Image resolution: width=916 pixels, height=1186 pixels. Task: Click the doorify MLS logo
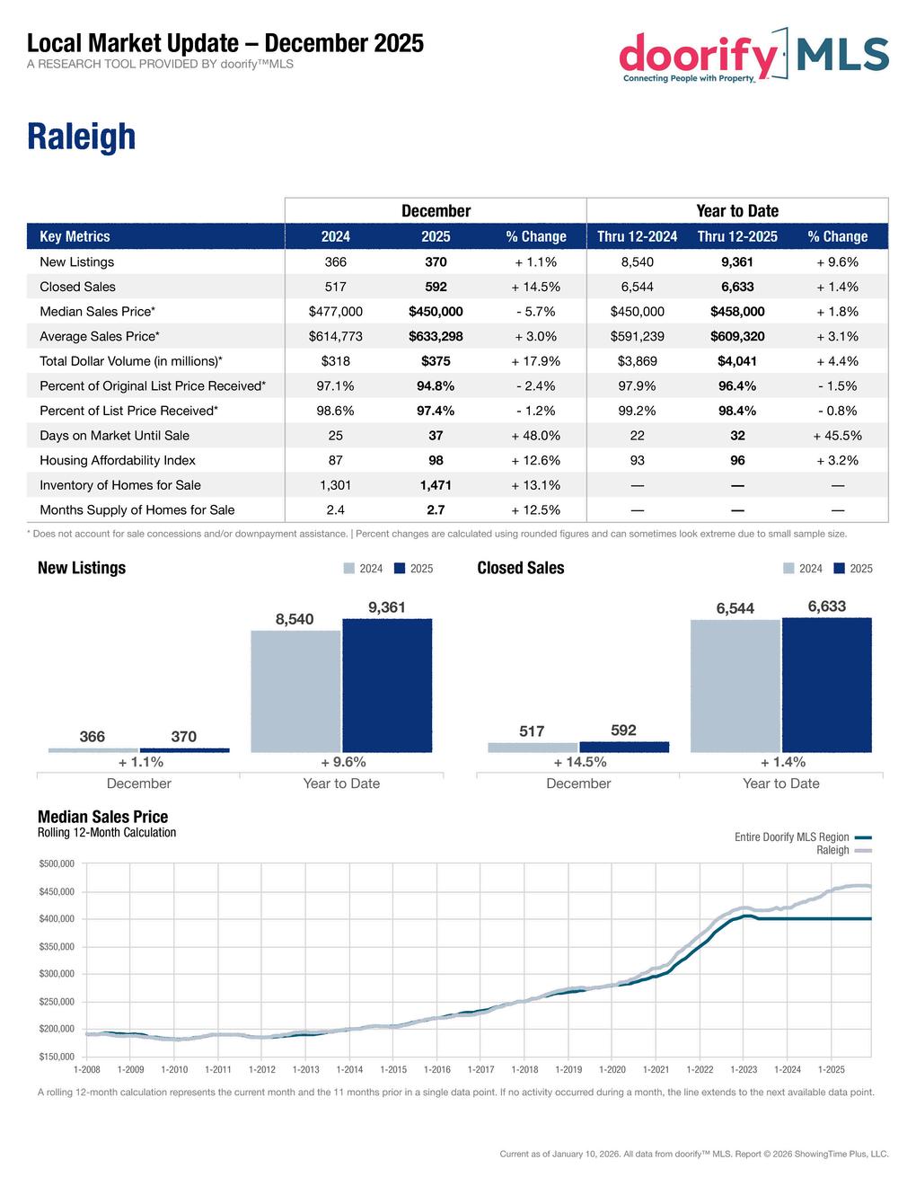pos(753,56)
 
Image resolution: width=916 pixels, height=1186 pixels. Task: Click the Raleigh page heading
pos(82,137)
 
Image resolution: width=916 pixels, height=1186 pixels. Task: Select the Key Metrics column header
pos(75,236)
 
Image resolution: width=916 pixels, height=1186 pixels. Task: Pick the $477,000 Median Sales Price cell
pos(335,312)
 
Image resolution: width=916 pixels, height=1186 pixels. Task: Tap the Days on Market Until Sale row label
pos(114,436)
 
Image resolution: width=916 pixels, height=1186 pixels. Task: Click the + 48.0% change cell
pos(535,436)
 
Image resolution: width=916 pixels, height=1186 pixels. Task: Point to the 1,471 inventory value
pos(436,485)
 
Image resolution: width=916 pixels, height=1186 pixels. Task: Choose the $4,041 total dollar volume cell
pos(736,361)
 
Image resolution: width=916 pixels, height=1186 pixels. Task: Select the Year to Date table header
pos(736,211)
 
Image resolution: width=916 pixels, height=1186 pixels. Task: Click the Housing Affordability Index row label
pos(118,460)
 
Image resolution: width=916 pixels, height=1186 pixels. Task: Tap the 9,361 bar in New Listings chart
pos(387,685)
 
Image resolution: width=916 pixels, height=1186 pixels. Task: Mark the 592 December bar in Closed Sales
pos(624,747)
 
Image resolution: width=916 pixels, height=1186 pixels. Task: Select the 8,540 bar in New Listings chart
pos(295,691)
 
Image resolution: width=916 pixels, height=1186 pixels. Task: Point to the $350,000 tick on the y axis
pos(56,947)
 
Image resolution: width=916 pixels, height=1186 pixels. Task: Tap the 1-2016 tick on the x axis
pos(436,1070)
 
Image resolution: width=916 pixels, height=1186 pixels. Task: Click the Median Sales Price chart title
pos(102,817)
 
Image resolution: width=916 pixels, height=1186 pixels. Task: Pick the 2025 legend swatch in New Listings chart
pos(400,569)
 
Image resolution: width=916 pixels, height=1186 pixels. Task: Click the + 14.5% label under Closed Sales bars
pos(579,762)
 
